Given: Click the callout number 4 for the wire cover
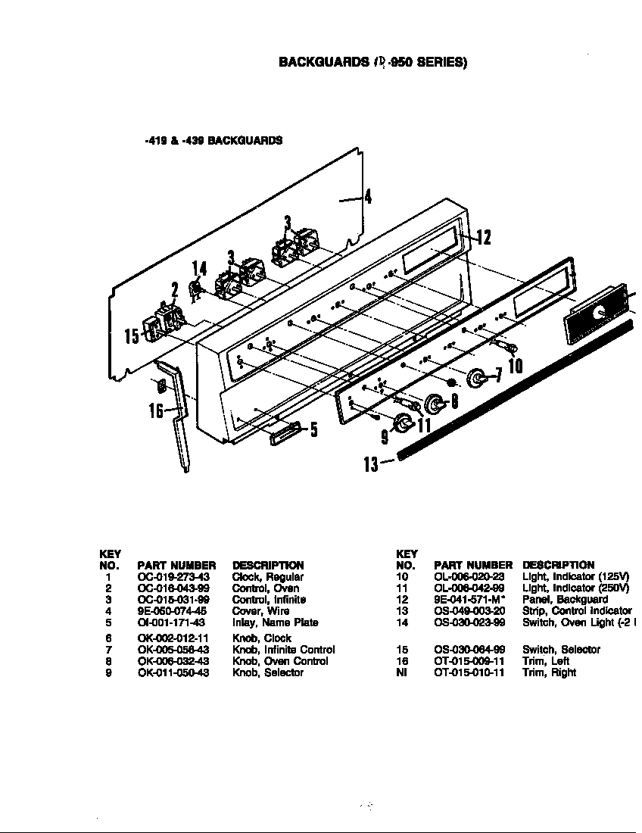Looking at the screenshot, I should coord(368,197).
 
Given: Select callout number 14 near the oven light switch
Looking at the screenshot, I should coord(198,269).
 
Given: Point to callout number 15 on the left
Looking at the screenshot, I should coord(132,335).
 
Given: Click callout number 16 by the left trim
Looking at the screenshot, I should coord(156,411).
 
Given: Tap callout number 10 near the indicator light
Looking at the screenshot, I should coord(515,367).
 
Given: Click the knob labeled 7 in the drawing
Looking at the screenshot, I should coord(478,377).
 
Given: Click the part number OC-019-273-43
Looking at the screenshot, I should coord(173,577).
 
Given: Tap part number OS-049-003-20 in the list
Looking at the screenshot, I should coord(469,611).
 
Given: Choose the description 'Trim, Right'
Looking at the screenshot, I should coord(549,672).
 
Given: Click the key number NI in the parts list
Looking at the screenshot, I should coord(402,672).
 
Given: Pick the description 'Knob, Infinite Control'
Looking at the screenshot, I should coord(284,650).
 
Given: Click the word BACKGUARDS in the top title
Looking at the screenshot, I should coord(323,62).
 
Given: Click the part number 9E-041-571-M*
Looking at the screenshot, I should coord(469,600).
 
